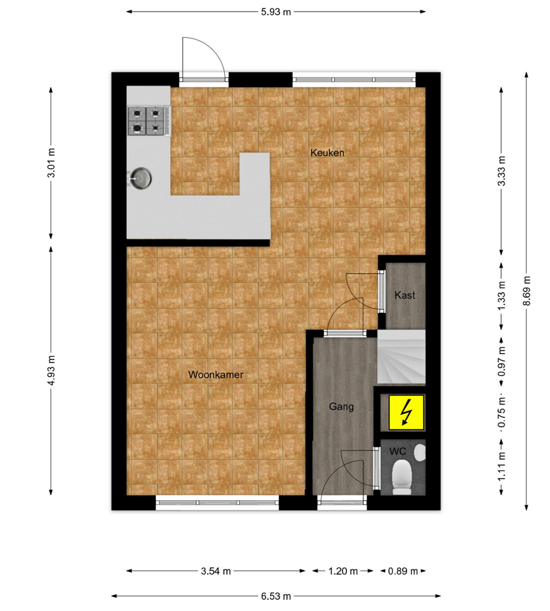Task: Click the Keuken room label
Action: click(x=327, y=153)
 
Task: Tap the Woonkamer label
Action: click(x=216, y=375)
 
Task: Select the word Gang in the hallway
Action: click(x=341, y=407)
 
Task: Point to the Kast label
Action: click(x=405, y=295)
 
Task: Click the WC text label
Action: click(x=398, y=451)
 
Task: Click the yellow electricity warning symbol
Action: click(x=406, y=412)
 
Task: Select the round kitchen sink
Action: click(x=140, y=178)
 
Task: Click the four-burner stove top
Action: click(x=149, y=121)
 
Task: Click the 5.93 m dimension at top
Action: click(x=276, y=12)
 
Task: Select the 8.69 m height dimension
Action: click(x=527, y=291)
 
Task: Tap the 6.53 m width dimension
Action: click(x=276, y=596)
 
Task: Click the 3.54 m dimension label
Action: click(x=216, y=571)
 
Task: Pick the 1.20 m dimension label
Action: click(x=343, y=571)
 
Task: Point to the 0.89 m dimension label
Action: click(x=403, y=571)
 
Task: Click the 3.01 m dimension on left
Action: click(x=51, y=163)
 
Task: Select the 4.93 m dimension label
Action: click(x=51, y=370)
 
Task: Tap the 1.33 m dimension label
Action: click(x=502, y=296)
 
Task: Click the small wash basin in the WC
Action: click(x=420, y=453)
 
